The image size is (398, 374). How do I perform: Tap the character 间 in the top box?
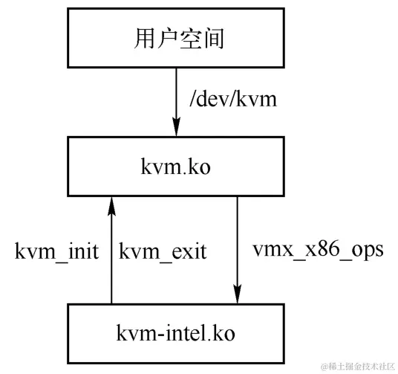click(x=211, y=38)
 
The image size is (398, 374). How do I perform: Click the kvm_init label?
click(x=58, y=251)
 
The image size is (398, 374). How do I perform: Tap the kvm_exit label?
click(x=162, y=251)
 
